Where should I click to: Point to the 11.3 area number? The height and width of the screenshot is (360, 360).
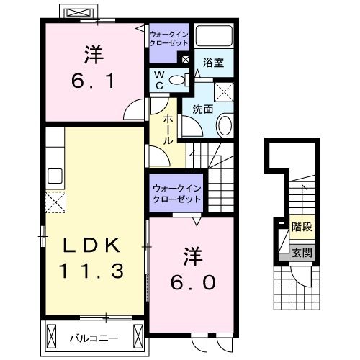(x=92, y=271)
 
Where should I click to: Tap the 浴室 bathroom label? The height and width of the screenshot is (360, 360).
(x=214, y=63)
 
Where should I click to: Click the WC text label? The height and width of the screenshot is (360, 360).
(x=161, y=80)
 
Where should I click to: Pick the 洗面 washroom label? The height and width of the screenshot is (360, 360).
(x=202, y=109)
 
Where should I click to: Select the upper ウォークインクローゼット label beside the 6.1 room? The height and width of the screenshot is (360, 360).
(x=168, y=38)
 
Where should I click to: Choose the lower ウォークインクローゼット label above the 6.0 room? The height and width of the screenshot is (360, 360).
(x=176, y=192)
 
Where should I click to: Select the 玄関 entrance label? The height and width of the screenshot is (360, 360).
(x=302, y=253)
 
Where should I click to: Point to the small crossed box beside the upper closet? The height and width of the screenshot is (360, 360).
(x=186, y=60)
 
